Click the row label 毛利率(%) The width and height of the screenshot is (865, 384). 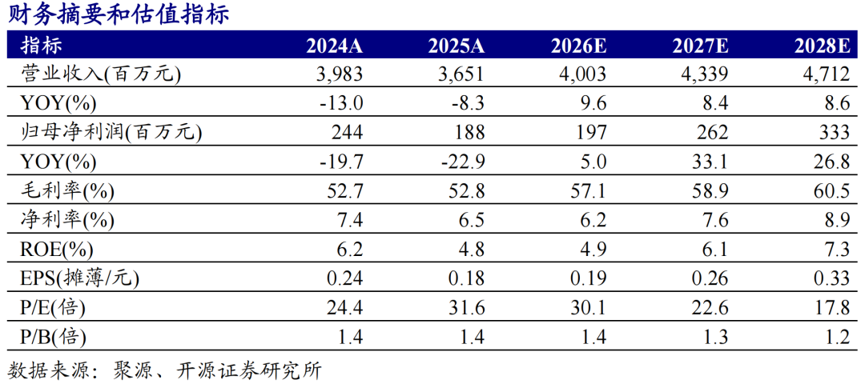67,192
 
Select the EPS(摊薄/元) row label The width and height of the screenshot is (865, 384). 80,279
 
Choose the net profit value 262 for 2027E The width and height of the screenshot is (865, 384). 712,133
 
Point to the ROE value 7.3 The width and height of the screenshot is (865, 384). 835,251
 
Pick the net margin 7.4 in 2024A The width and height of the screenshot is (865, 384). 350,222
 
